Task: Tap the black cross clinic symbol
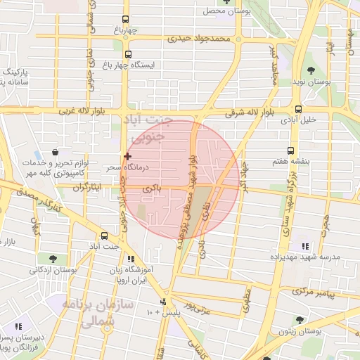click(x=127, y=155)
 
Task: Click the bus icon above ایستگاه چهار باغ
click(x=127, y=53)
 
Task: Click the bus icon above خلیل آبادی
click(x=299, y=110)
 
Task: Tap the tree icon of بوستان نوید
click(x=310, y=70)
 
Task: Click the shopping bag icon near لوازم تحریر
click(x=55, y=151)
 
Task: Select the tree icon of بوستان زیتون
click(x=300, y=320)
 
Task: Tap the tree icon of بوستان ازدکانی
click(x=53, y=259)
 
